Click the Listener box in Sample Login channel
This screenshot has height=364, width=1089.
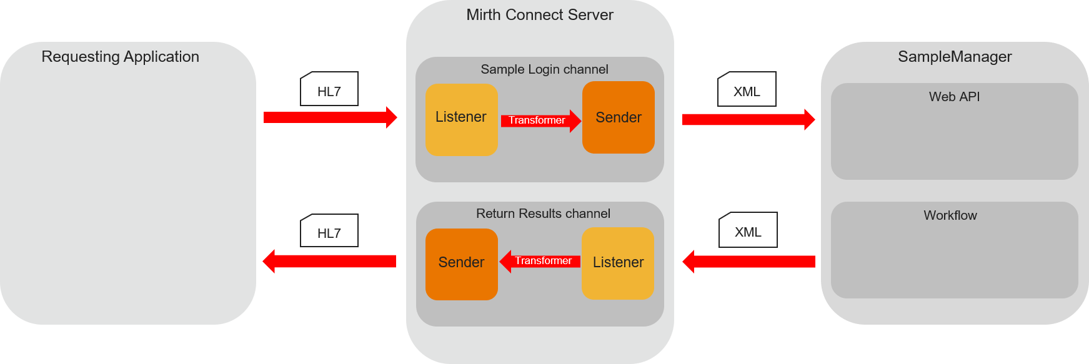pos(461,119)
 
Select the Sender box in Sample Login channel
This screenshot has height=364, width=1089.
pos(618,117)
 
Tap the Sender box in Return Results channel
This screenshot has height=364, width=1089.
pos(461,264)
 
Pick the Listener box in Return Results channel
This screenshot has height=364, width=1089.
pos(617,263)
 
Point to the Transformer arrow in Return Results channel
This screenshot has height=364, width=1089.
pos(540,261)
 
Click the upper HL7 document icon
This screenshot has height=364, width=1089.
pos(329,89)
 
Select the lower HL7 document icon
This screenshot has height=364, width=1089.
pos(329,231)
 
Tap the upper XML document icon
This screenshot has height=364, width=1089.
pos(747,89)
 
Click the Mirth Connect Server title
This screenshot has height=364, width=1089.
pos(540,15)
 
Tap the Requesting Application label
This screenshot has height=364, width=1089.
pos(121,57)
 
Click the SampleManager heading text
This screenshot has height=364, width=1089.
pos(955,57)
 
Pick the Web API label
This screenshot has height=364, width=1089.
pos(954,97)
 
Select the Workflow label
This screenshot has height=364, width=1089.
pos(950,215)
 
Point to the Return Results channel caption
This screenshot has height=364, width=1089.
pos(543,214)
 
